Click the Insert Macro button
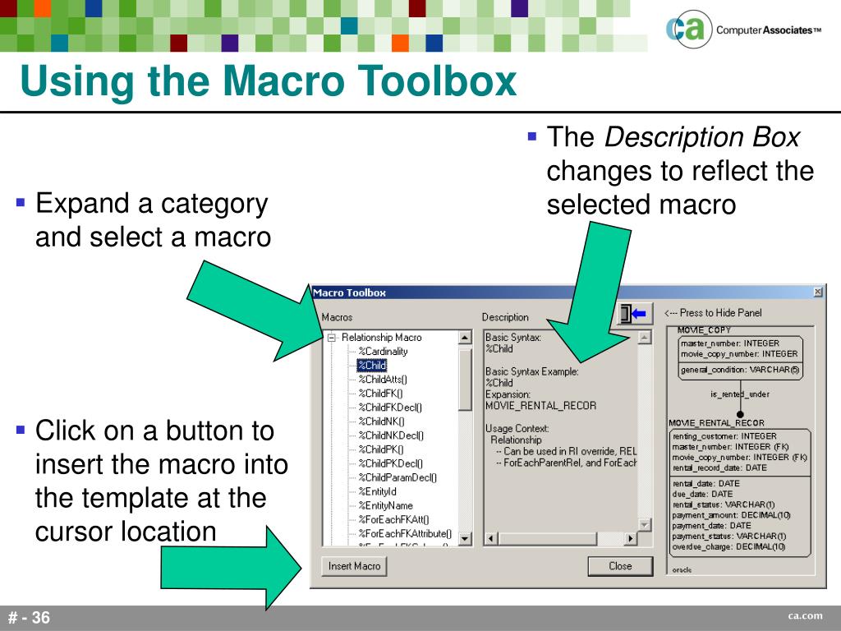[x=354, y=566]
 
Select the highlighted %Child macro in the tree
[x=372, y=366]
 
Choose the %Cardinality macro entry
[x=383, y=352]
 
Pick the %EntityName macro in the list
[x=385, y=505]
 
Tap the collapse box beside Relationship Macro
[x=333, y=338]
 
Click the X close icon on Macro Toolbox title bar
[x=817, y=292]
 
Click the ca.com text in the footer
[x=805, y=616]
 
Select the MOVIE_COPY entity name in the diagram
[x=704, y=330]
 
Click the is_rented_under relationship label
[x=739, y=394]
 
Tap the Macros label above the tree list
[x=337, y=317]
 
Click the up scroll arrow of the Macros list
[x=465, y=338]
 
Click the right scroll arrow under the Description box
[x=631, y=539]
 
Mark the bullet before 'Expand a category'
[x=21, y=202]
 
